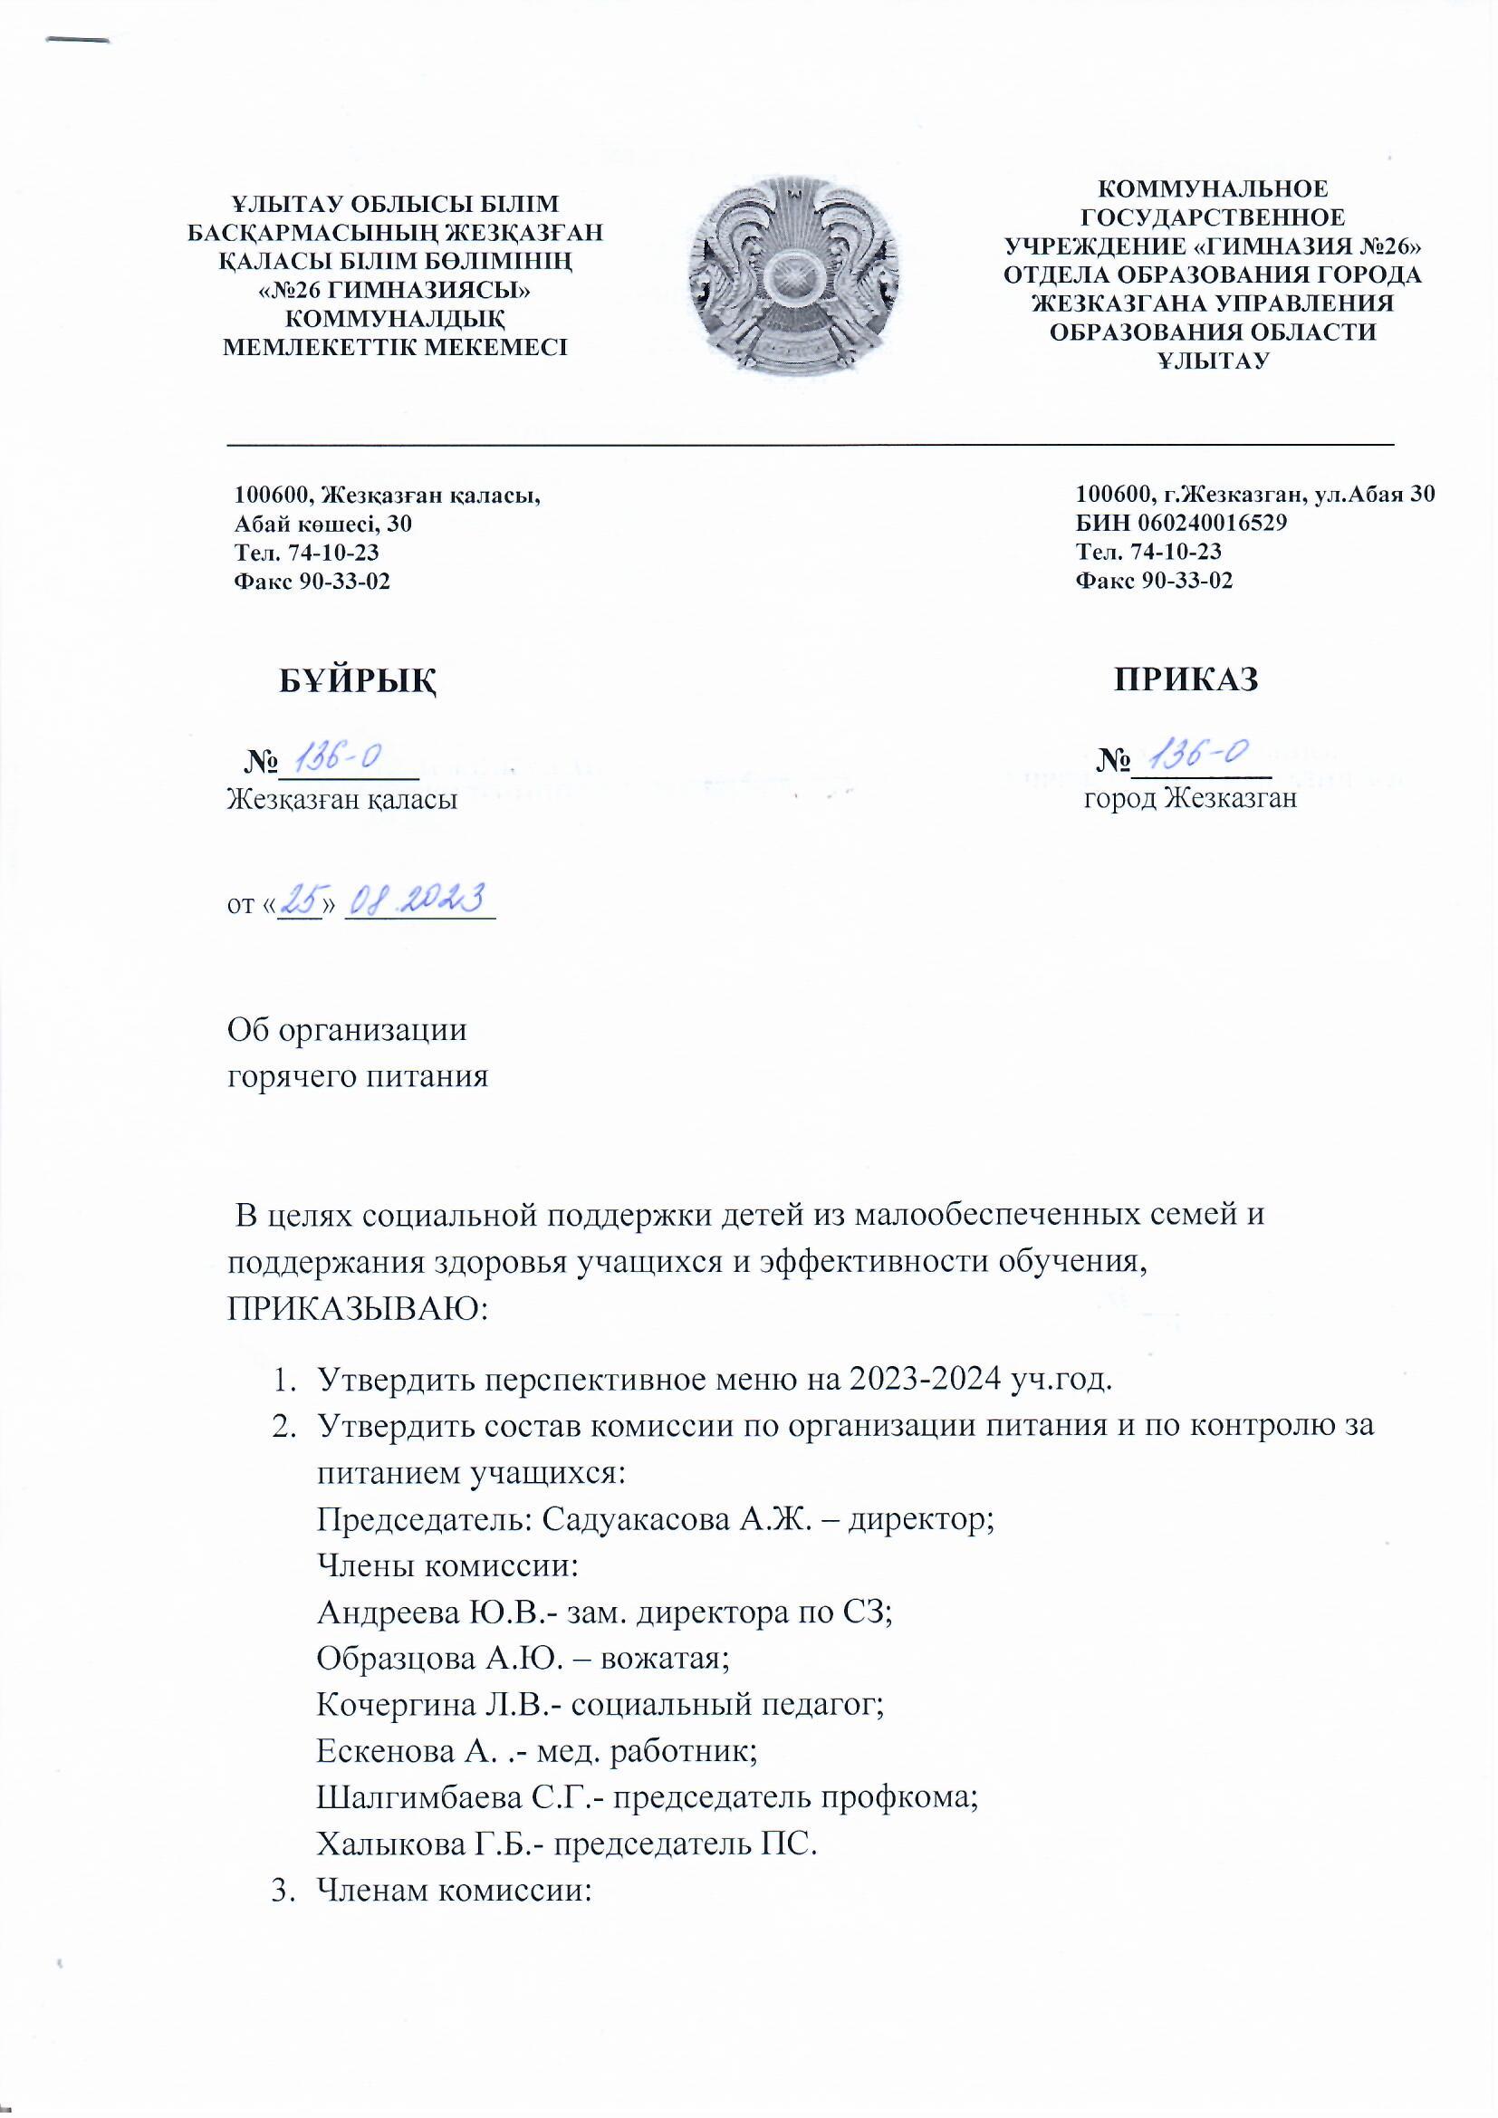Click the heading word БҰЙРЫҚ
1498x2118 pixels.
358,679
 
